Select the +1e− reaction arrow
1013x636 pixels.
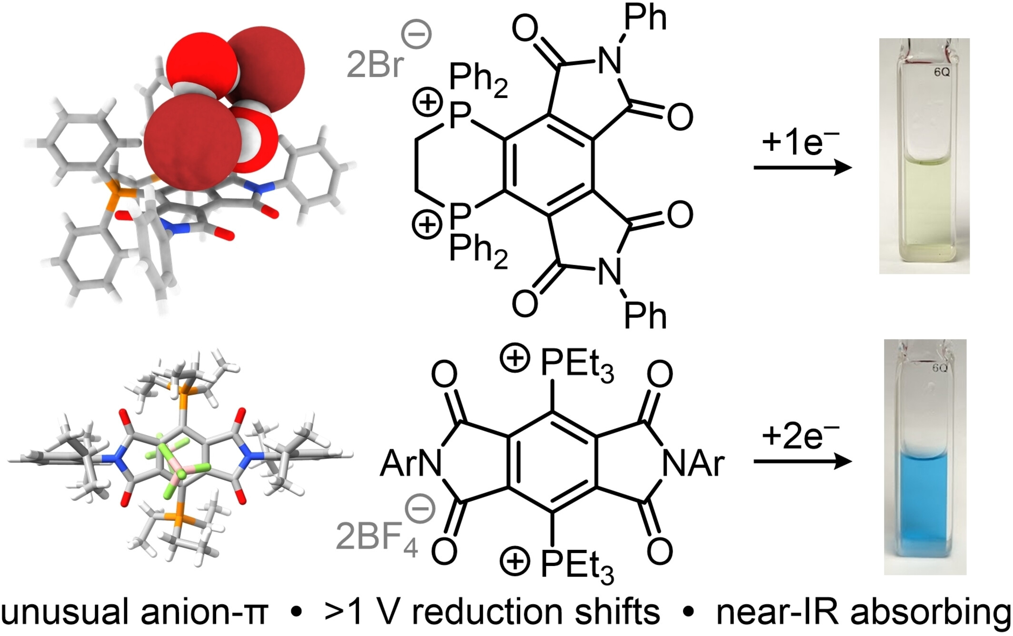(x=803, y=168)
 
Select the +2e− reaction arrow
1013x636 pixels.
(x=803, y=461)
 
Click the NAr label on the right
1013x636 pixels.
(x=693, y=464)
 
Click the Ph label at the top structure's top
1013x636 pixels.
(x=645, y=18)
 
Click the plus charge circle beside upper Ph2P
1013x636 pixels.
(x=427, y=103)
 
